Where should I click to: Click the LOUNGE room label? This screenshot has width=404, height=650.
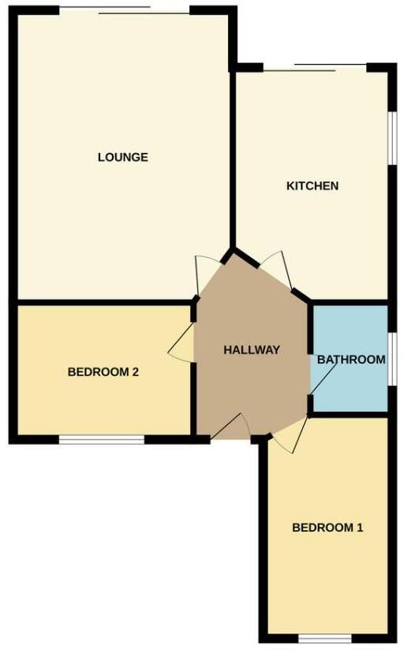[x=122, y=157]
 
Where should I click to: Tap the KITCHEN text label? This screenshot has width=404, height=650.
[x=312, y=186]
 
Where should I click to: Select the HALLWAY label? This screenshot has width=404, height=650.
[x=251, y=349]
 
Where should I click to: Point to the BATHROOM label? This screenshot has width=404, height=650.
[x=351, y=360]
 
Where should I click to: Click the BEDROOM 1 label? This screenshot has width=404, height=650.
[x=327, y=528]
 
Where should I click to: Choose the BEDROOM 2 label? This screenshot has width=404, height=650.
[x=103, y=372]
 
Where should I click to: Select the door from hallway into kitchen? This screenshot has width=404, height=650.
[x=275, y=267]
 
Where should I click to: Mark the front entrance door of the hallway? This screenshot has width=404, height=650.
[x=230, y=428]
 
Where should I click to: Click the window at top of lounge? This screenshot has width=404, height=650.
[x=124, y=9]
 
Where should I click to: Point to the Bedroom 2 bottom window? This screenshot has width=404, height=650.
[x=102, y=439]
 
